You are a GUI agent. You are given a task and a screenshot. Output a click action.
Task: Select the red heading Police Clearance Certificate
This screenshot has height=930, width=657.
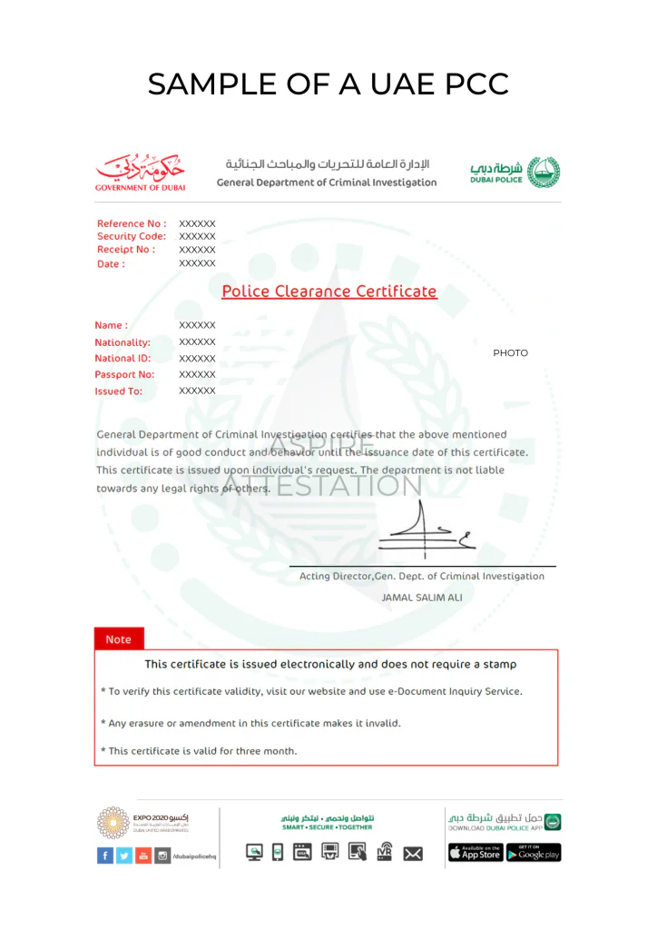point(329,292)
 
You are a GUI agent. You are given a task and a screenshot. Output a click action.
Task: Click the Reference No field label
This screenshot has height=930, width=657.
point(132,223)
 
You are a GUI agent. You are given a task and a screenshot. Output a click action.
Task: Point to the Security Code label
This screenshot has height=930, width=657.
point(132,236)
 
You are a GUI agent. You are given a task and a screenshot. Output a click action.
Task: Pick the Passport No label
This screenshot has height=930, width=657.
point(124,374)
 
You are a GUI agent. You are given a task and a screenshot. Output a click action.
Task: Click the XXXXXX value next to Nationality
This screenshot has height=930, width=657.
point(197,341)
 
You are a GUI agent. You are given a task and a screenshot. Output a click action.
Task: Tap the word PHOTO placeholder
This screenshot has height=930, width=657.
point(510,353)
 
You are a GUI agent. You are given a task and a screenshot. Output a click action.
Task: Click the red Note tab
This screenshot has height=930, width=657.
point(119,639)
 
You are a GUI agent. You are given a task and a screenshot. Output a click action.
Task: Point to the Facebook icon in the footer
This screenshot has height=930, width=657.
point(105,855)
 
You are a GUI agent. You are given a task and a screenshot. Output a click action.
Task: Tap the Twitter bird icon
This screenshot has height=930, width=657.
point(124,855)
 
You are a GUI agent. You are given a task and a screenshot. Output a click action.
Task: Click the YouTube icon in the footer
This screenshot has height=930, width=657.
point(143,855)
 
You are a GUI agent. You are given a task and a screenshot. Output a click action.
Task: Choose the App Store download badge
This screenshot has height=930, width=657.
point(476,853)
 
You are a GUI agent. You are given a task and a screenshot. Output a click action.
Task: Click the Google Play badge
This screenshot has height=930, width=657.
point(534,853)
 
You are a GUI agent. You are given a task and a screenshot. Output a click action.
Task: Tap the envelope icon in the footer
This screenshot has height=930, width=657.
point(413,853)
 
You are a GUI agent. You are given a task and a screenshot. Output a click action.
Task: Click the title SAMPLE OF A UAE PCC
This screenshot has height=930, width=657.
point(328,84)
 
